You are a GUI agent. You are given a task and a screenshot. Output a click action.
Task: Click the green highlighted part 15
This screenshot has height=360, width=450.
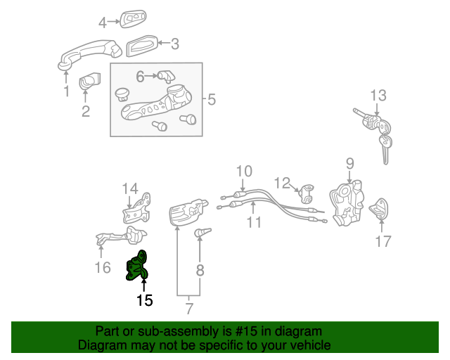[x=137, y=266]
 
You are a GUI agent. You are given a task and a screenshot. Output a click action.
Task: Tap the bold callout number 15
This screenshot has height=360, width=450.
[x=144, y=301]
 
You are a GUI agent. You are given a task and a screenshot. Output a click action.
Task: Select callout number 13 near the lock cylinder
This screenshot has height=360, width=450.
[x=378, y=95]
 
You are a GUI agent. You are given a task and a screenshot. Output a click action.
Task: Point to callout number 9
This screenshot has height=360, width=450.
[x=349, y=164]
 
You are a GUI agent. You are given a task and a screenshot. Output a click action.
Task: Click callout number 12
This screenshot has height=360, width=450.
[x=282, y=184]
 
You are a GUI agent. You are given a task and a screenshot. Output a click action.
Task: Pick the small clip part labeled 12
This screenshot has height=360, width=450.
[x=307, y=191]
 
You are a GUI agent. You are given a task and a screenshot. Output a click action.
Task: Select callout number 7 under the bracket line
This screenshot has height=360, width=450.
[x=188, y=308]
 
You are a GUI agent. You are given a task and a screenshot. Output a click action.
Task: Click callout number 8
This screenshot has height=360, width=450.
[x=200, y=269]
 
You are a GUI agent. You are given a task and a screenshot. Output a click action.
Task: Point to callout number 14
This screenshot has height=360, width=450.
[x=131, y=188]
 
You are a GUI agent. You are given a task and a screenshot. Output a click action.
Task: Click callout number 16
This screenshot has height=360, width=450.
[x=103, y=267]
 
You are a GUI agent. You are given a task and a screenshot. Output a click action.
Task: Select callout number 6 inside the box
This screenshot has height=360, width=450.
[x=140, y=76]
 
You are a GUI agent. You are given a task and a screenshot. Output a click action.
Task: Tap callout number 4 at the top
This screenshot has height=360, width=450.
[x=103, y=22]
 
